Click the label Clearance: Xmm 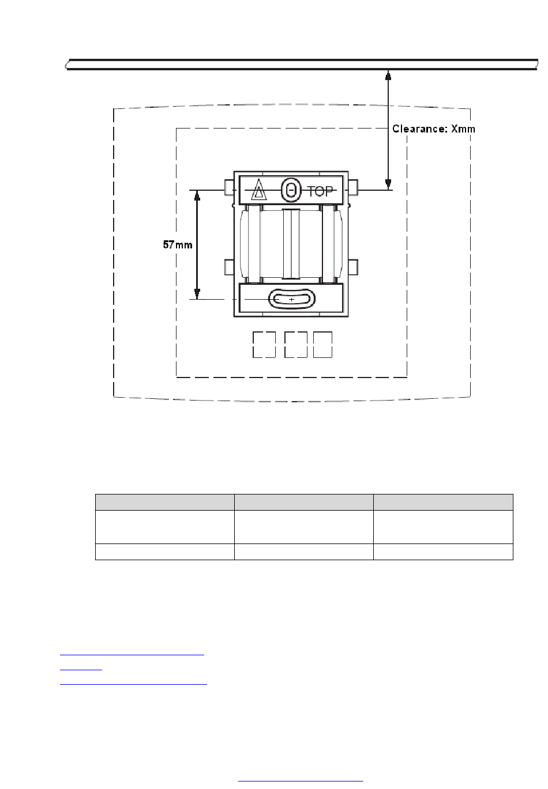pos(433,129)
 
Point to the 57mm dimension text pos(177,244)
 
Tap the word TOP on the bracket pos(320,191)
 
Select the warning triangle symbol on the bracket pos(258,190)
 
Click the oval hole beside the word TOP pos(291,190)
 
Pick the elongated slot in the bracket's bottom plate pos(292,299)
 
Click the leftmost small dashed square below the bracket pos(264,345)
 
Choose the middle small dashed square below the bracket pos(295,345)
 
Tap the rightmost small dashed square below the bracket pos(322,345)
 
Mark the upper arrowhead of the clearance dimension pos(388,75)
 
